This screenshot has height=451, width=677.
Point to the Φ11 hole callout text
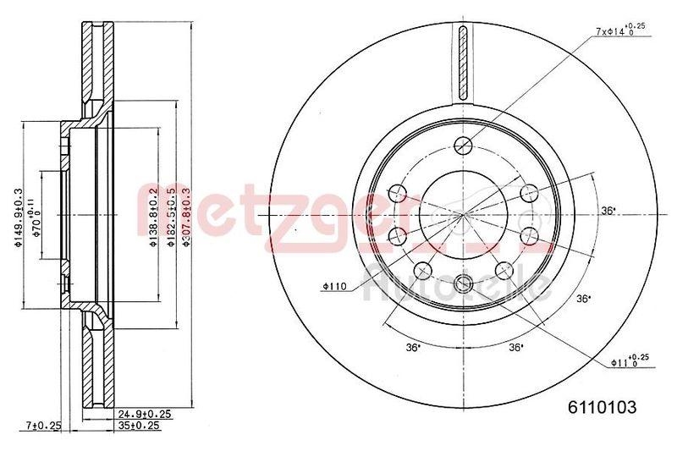(628, 361)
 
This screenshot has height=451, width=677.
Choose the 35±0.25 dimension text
(140, 426)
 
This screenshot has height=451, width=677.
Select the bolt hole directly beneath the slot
(461, 145)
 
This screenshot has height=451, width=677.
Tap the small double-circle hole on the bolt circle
(462, 283)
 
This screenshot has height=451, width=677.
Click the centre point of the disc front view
(461, 213)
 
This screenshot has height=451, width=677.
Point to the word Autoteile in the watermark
(457, 284)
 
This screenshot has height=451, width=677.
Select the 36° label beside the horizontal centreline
(607, 210)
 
